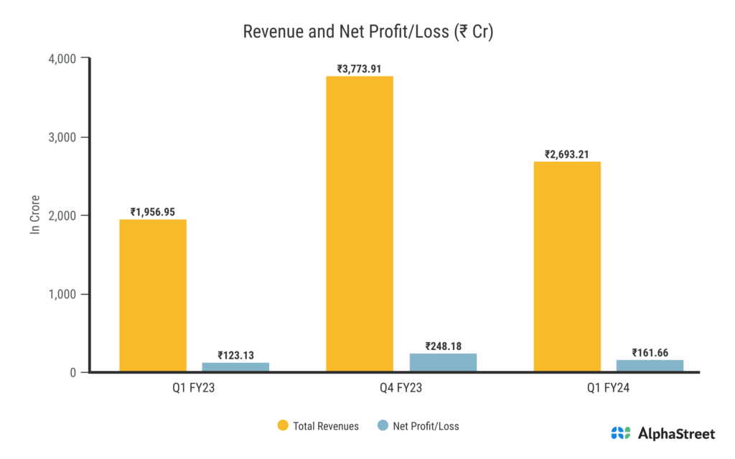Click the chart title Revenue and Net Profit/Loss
tap(367, 32)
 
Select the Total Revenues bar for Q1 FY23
tap(153, 295)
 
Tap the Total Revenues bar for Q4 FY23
tap(360, 224)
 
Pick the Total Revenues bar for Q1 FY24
tap(567, 267)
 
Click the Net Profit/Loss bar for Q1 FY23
tap(235, 367)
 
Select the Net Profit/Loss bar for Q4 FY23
tap(443, 363)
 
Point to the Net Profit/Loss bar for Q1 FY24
tap(650, 366)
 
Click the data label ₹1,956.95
tap(153, 212)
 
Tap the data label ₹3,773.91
tap(360, 69)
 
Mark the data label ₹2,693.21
tap(567, 154)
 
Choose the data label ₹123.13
tap(235, 355)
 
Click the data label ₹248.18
tap(443, 346)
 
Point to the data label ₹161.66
tap(650, 352)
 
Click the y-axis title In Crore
tap(34, 214)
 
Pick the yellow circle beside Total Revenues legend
tap(283, 426)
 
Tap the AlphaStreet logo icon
tap(621, 433)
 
